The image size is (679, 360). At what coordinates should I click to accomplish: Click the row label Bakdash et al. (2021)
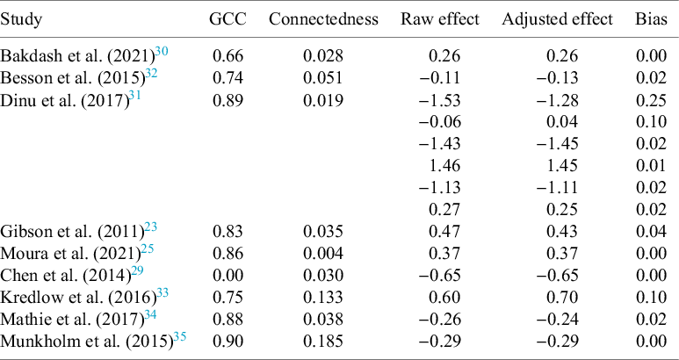point(75,57)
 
